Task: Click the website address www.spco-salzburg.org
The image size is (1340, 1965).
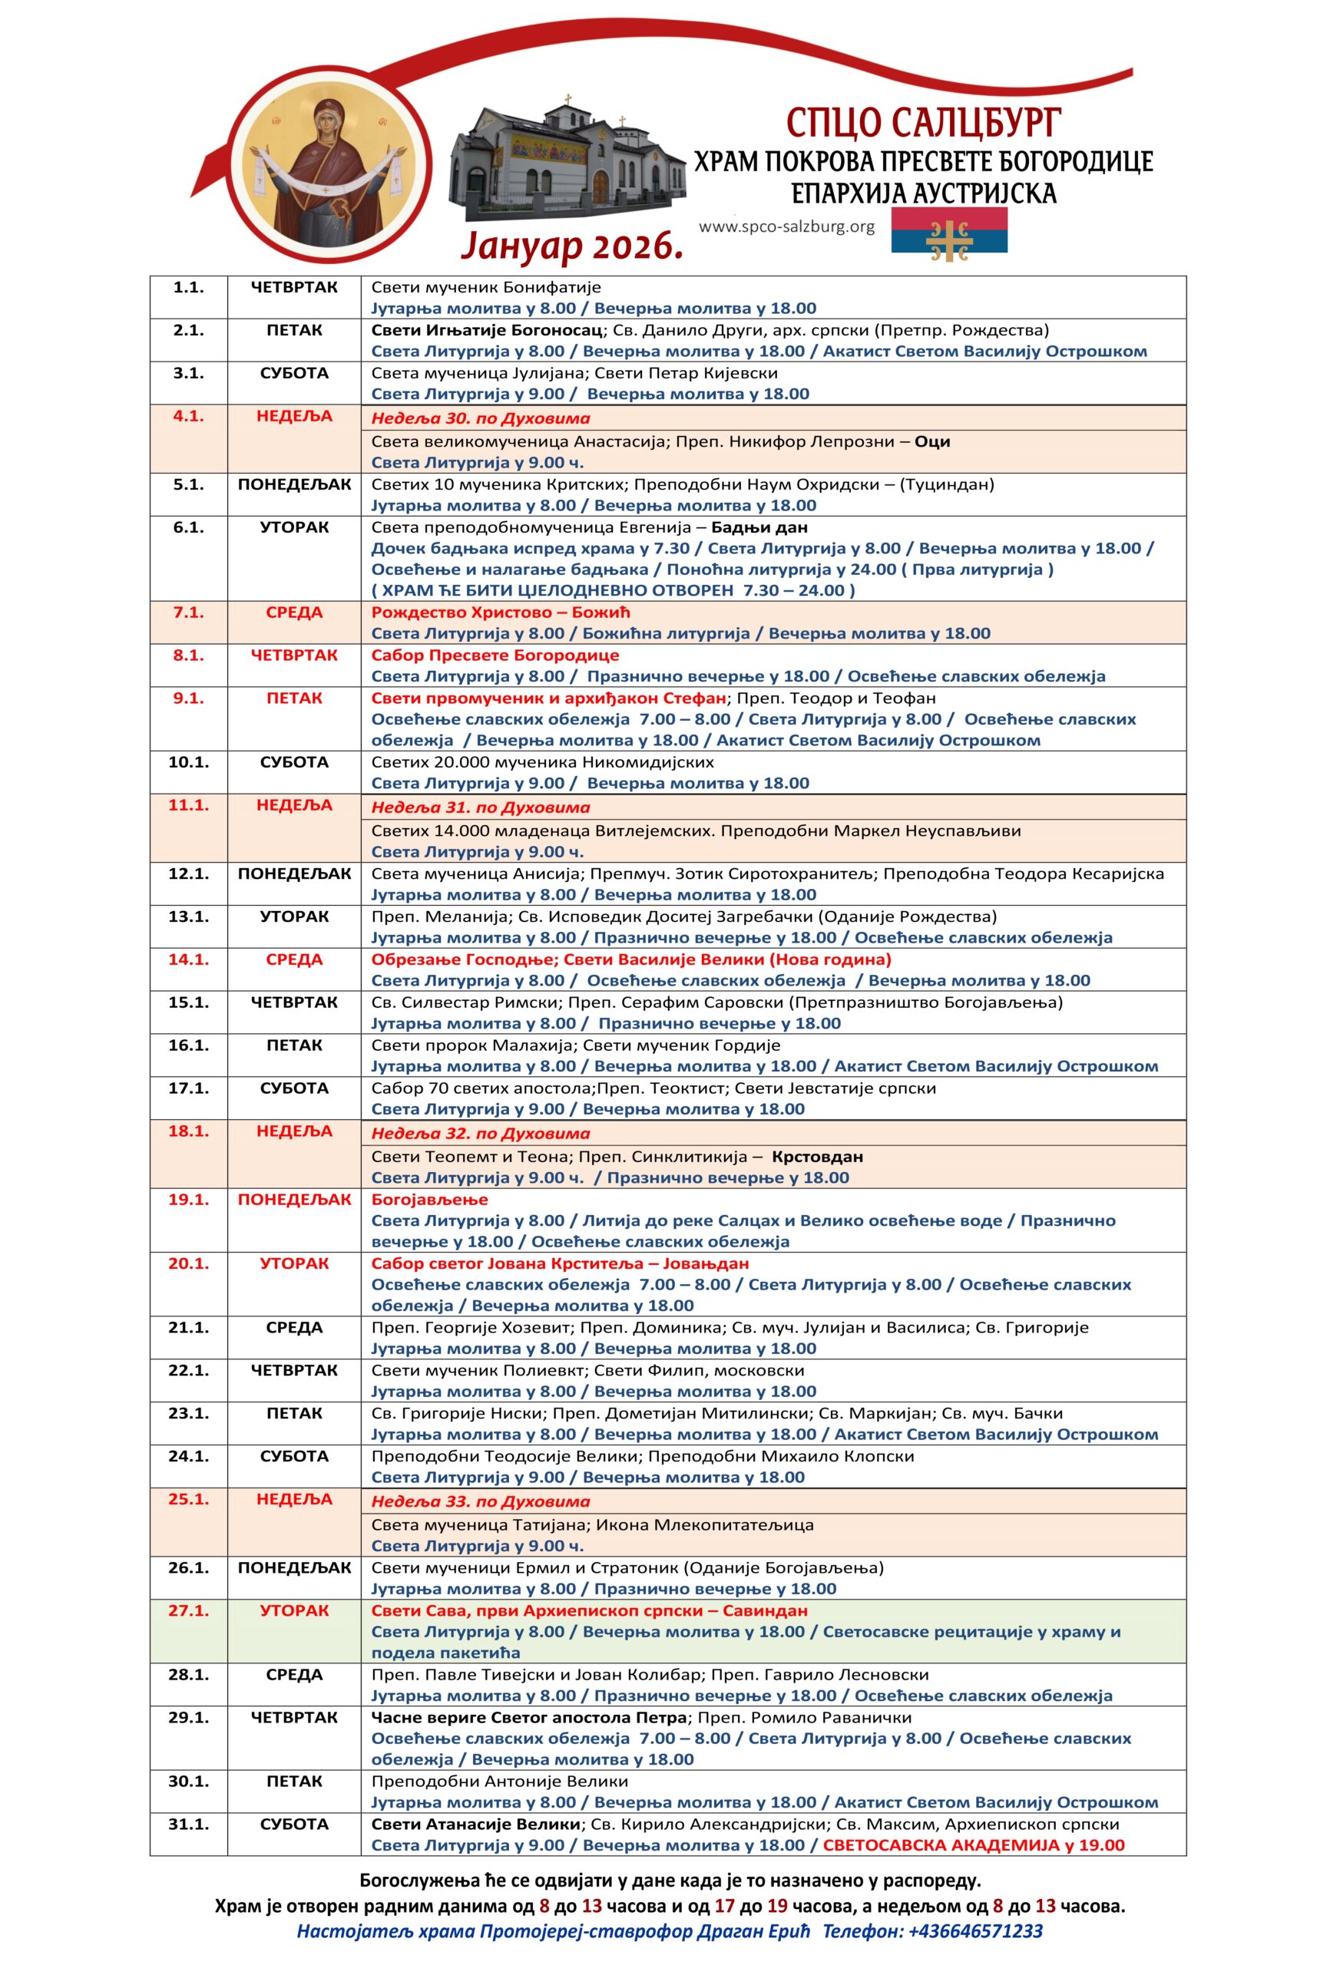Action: (x=787, y=226)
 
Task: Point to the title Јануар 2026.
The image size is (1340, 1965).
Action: (x=572, y=246)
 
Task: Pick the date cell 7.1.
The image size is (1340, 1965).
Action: (x=188, y=613)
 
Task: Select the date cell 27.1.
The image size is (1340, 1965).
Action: (x=188, y=1610)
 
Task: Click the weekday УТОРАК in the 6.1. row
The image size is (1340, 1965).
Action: (x=293, y=527)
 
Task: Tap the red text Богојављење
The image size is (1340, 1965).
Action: (x=430, y=1199)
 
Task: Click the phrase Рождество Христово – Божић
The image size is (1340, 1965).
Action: (x=501, y=613)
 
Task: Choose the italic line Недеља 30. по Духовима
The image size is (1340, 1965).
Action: (x=481, y=418)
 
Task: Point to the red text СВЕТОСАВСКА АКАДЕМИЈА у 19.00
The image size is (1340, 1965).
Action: (x=974, y=1845)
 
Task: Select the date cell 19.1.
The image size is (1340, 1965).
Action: (x=188, y=1199)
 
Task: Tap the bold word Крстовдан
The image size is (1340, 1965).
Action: (x=817, y=1156)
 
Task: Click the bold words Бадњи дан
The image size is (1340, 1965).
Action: (x=759, y=527)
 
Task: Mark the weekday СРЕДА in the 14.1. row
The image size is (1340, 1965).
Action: (x=293, y=959)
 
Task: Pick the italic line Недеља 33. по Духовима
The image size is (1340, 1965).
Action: (x=481, y=1501)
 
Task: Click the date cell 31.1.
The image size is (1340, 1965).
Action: (x=188, y=1824)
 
